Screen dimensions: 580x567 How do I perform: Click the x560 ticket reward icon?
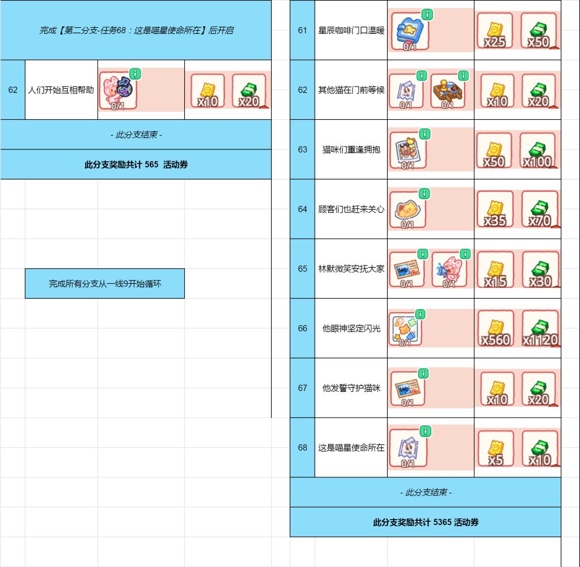[496, 328]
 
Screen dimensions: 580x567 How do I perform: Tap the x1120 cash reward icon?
[540, 328]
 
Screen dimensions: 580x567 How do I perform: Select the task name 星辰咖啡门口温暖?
[351, 30]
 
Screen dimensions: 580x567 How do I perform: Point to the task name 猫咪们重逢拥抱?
[351, 149]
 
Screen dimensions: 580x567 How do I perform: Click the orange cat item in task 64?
[408, 210]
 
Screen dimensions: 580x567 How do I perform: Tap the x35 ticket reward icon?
[495, 209]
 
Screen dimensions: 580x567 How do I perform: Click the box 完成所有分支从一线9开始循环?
[105, 284]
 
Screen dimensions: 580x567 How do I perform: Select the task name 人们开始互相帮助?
[61, 90]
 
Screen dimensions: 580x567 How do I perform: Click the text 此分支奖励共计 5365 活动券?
[426, 522]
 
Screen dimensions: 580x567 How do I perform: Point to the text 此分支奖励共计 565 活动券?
[136, 164]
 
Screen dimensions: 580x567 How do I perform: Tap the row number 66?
[302, 328]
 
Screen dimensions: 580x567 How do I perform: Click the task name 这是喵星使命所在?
[351, 448]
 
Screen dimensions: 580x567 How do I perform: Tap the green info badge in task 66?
[420, 314]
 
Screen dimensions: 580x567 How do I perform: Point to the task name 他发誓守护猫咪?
[351, 388]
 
